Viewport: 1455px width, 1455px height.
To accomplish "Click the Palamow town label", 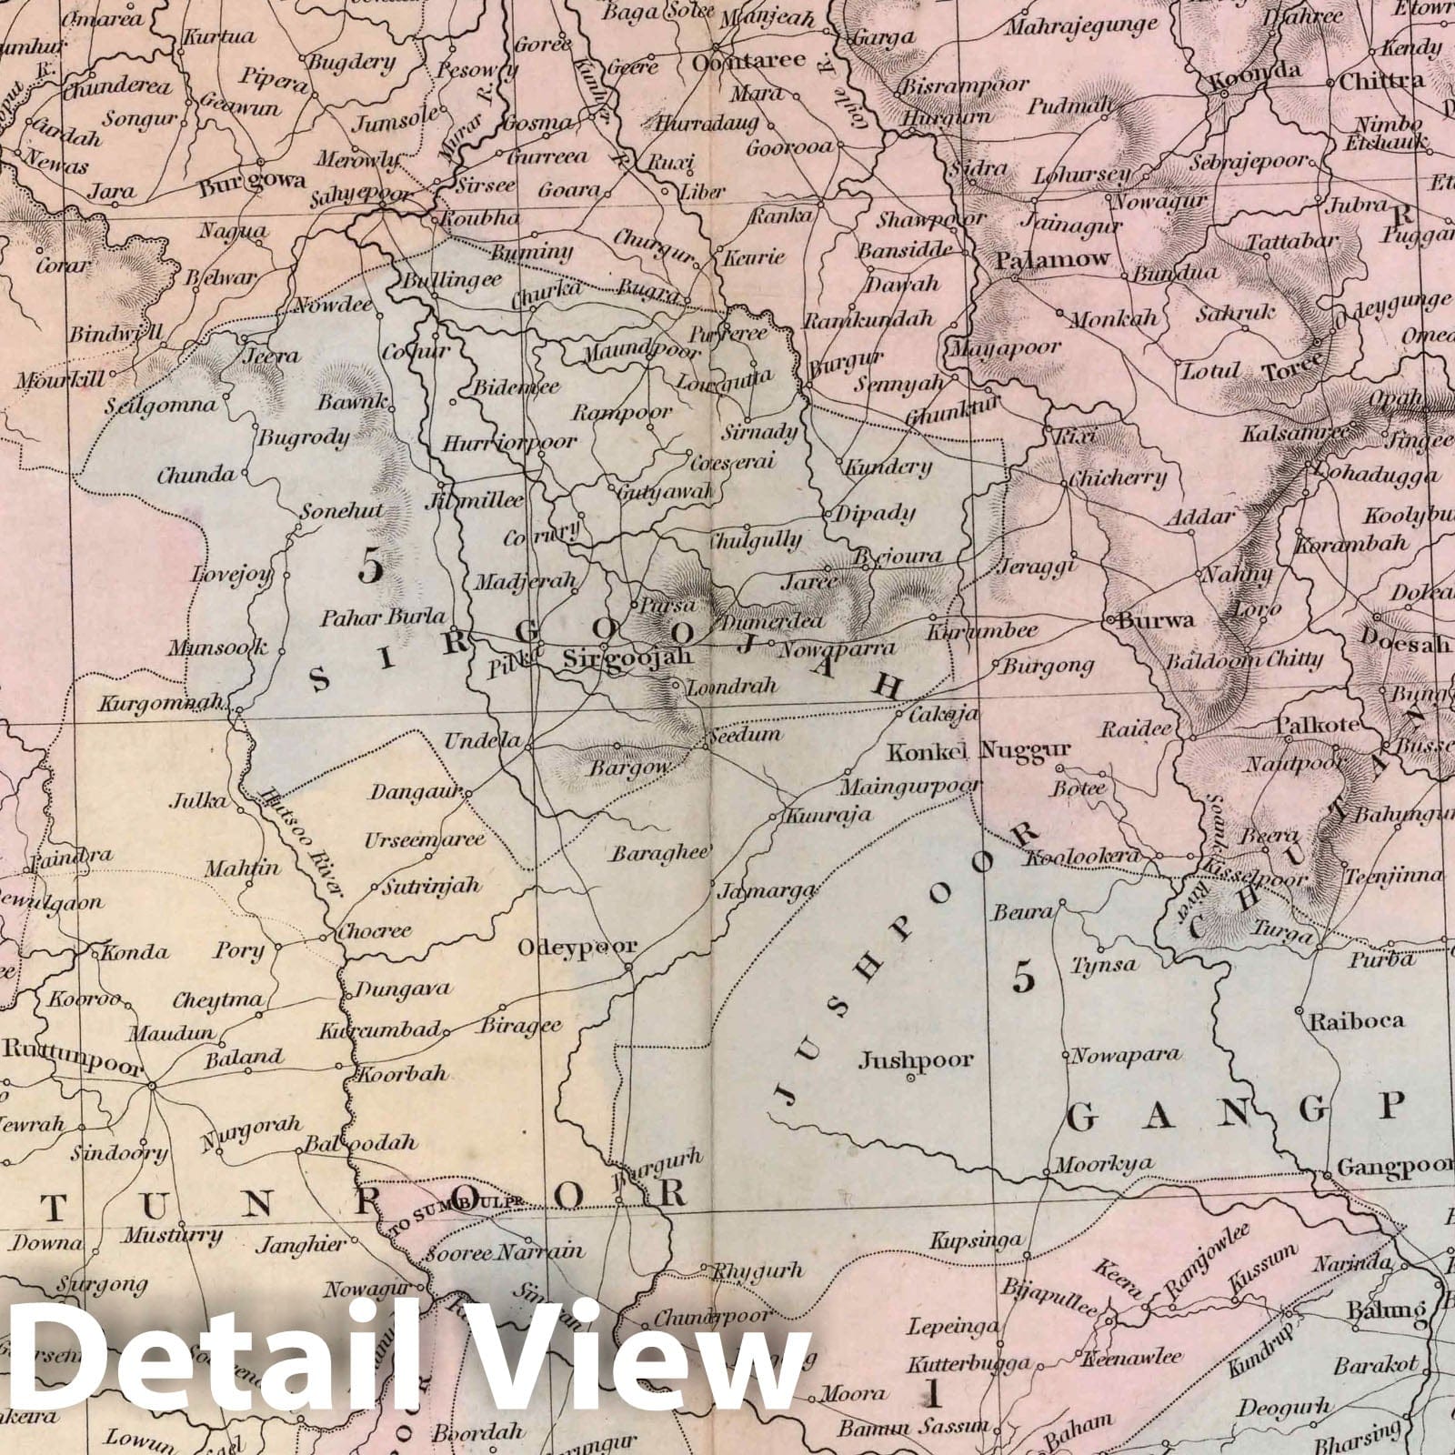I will click(x=1053, y=259).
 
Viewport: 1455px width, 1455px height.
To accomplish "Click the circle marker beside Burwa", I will click(x=1111, y=620).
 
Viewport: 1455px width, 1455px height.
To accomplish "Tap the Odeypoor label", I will click(x=577, y=947).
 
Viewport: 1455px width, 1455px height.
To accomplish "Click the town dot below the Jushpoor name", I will click(x=910, y=1079).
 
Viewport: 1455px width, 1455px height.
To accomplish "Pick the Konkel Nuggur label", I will click(x=979, y=751).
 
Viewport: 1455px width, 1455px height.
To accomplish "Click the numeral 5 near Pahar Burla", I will click(x=370, y=567).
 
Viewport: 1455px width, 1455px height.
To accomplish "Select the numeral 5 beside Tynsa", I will click(x=1024, y=977).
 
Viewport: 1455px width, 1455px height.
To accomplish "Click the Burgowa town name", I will click(x=251, y=181).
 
